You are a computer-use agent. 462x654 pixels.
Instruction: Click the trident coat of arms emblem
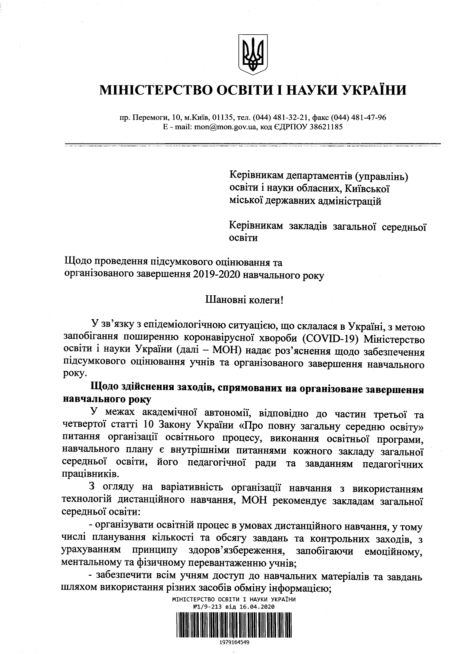coord(253,54)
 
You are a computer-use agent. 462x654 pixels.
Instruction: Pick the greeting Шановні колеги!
coord(244,299)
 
